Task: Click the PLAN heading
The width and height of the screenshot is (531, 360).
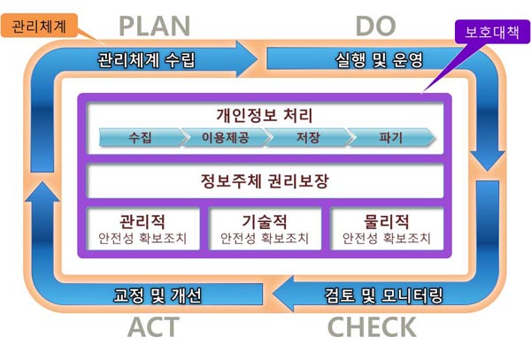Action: (154, 27)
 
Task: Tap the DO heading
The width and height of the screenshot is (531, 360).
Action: (375, 27)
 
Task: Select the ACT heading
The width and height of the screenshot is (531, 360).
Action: (153, 327)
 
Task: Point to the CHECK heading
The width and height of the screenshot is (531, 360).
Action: (372, 327)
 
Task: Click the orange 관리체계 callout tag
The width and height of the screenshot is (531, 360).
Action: (39, 26)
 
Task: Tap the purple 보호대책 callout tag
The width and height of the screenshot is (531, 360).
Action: (492, 32)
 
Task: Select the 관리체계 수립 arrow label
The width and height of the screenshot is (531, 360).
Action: (146, 60)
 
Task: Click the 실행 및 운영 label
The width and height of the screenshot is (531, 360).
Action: (380, 60)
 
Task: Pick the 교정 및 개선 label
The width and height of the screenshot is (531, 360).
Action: (158, 295)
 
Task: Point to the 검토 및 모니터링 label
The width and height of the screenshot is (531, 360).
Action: (384, 295)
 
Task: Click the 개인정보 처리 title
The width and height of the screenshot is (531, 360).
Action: (265, 115)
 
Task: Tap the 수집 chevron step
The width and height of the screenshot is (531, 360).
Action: (142, 137)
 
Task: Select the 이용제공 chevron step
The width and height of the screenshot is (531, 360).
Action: (226, 137)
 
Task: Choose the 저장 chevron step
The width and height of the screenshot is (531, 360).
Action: (308, 137)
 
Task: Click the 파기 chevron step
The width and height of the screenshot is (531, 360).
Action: (391, 137)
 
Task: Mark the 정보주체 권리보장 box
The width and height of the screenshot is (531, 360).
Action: (265, 181)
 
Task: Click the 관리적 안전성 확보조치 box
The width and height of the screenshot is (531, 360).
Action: (142, 229)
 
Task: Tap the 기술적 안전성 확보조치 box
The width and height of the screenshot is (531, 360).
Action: (265, 229)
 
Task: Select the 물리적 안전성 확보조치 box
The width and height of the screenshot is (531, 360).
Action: (387, 229)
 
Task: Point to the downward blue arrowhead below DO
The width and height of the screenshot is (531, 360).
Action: (488, 161)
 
